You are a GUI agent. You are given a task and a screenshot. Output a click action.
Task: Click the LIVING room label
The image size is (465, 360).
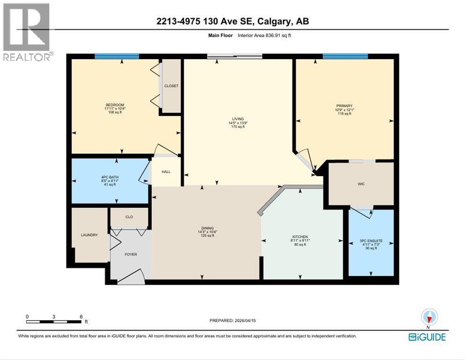(x=238, y=119)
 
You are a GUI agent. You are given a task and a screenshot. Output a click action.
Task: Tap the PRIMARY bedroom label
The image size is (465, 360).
(x=345, y=106)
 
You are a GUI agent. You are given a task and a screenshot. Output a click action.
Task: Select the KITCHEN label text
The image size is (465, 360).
(x=299, y=237)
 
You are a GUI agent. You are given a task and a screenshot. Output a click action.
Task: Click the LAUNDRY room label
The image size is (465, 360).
(x=89, y=235)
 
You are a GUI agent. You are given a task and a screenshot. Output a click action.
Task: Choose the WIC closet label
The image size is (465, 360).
(x=361, y=184)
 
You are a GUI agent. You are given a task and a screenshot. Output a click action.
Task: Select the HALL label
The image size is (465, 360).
(x=166, y=172)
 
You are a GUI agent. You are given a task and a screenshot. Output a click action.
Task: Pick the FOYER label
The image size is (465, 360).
(x=130, y=255)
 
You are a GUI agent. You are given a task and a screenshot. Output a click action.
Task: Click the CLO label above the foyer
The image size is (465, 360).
(x=129, y=217)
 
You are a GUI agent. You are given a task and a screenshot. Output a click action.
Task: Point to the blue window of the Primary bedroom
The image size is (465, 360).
(x=345, y=56)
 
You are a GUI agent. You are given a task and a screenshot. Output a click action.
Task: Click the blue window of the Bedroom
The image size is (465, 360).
(x=117, y=56)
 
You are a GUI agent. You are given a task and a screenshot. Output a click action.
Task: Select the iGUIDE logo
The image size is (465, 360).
(x=427, y=337)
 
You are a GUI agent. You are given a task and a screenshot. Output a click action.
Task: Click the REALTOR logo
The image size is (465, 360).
(x=27, y=32)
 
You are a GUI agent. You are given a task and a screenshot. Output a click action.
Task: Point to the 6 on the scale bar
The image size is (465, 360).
(x=81, y=317)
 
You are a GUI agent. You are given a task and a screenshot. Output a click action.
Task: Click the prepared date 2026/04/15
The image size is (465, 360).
(x=253, y=321)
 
